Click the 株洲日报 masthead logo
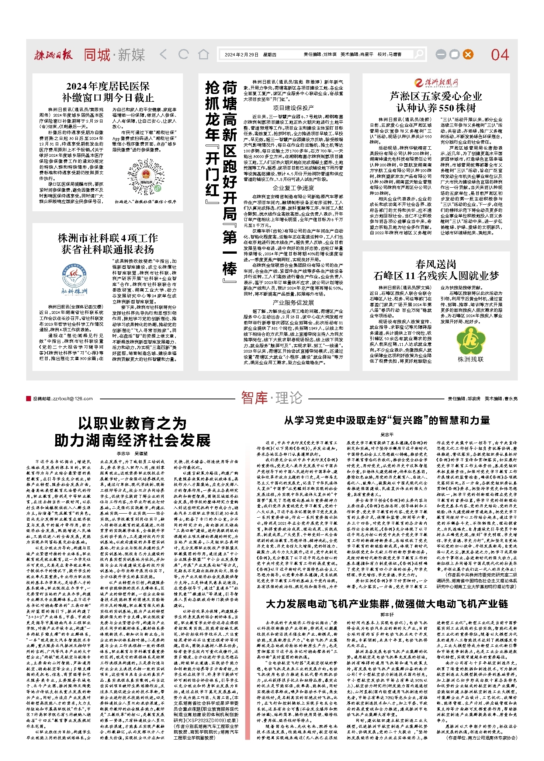pyautogui.click(x=53, y=55)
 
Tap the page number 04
pyautogui.click(x=500, y=55)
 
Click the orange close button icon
pyautogui.click(x=468, y=55)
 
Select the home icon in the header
pyautogui.click(x=203, y=55)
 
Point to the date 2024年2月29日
pyautogui.click(x=241, y=55)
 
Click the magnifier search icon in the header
pyautogui.click(x=419, y=55)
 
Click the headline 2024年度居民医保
pyautogui.click(x=108, y=86)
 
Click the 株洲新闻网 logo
pyautogui.click(x=436, y=83)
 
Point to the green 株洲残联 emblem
pyautogui.click(x=470, y=341)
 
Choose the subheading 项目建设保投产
pyautogui.click(x=293, y=108)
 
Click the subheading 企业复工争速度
pyautogui.click(x=293, y=188)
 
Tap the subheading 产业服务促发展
pyautogui.click(x=293, y=303)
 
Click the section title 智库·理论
pyautogui.click(x=271, y=398)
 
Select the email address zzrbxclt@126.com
pyautogui.click(x=63, y=399)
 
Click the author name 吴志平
pyautogui.click(x=387, y=435)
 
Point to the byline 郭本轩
pyautogui.click(x=387, y=615)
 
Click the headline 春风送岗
pyautogui.click(x=436, y=264)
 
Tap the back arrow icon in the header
pyautogui.click(x=163, y=55)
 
